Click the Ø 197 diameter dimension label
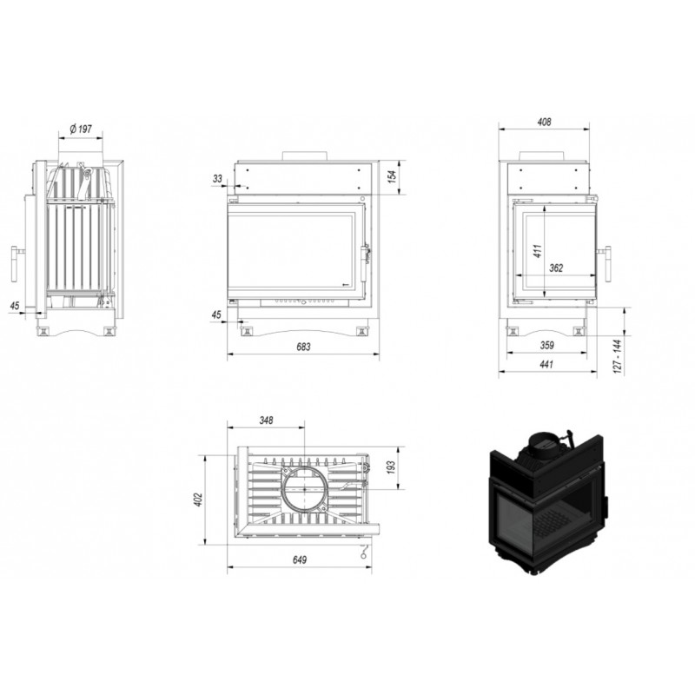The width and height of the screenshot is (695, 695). click(x=81, y=129)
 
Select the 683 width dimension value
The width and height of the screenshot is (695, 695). click(x=303, y=347)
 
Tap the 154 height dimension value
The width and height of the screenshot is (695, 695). click(x=392, y=176)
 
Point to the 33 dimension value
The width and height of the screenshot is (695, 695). click(x=217, y=179)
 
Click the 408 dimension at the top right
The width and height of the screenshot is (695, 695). click(x=544, y=122)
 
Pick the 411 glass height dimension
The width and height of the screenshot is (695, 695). click(x=538, y=251)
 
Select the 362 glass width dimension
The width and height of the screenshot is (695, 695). click(x=556, y=268)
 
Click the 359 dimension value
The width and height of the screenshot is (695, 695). click(x=547, y=345)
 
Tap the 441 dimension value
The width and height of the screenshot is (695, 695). click(x=546, y=364)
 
